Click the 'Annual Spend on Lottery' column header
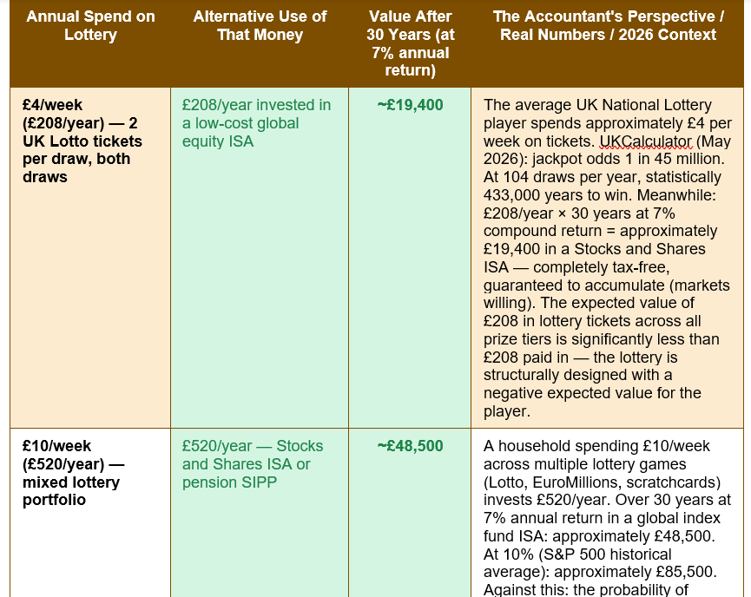click(90, 25)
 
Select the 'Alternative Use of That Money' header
click(260, 25)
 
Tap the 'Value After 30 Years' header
click(410, 43)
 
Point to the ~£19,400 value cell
click(410, 105)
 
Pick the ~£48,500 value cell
click(410, 446)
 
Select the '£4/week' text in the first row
click(52, 105)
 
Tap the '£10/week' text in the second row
click(56, 446)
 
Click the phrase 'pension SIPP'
click(229, 482)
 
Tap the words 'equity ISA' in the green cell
click(217, 141)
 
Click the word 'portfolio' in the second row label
click(54, 500)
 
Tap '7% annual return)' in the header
click(411, 62)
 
